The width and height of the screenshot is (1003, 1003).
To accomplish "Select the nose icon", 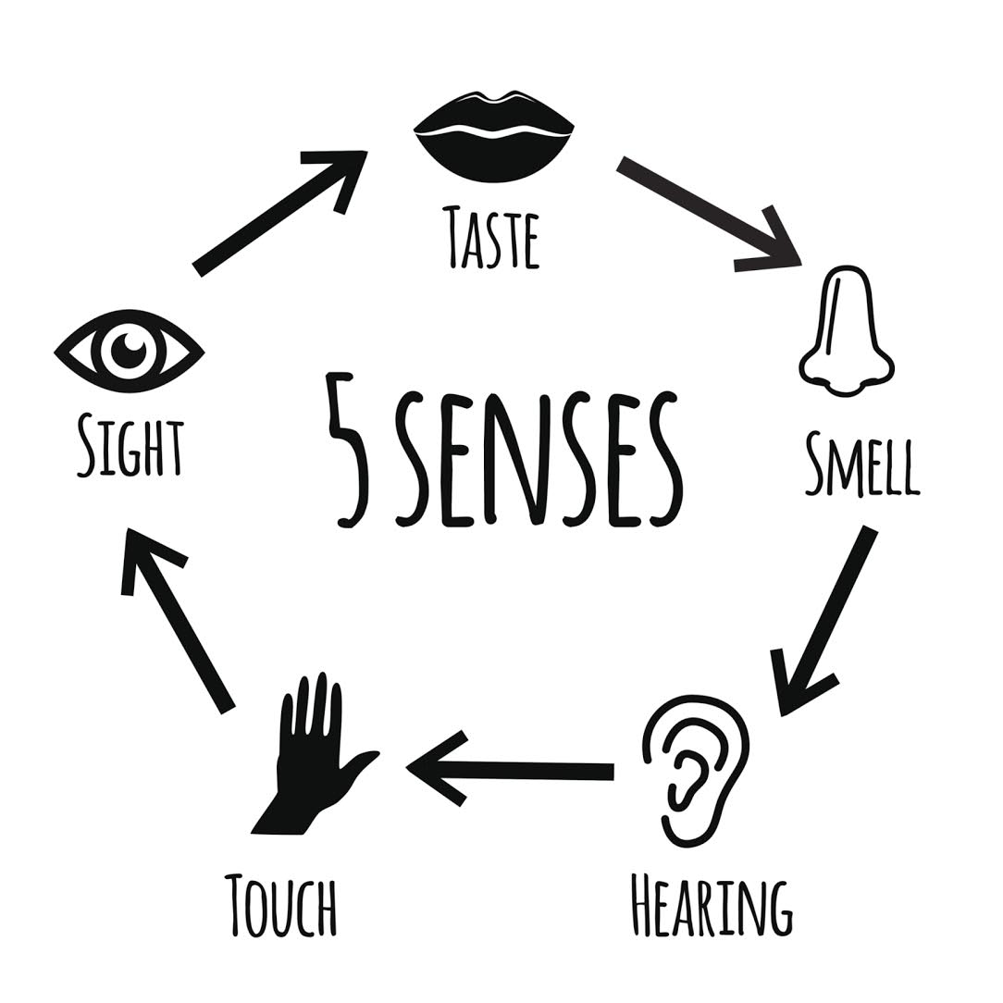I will click(x=845, y=333).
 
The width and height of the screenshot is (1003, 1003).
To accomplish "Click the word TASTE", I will click(x=490, y=237).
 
